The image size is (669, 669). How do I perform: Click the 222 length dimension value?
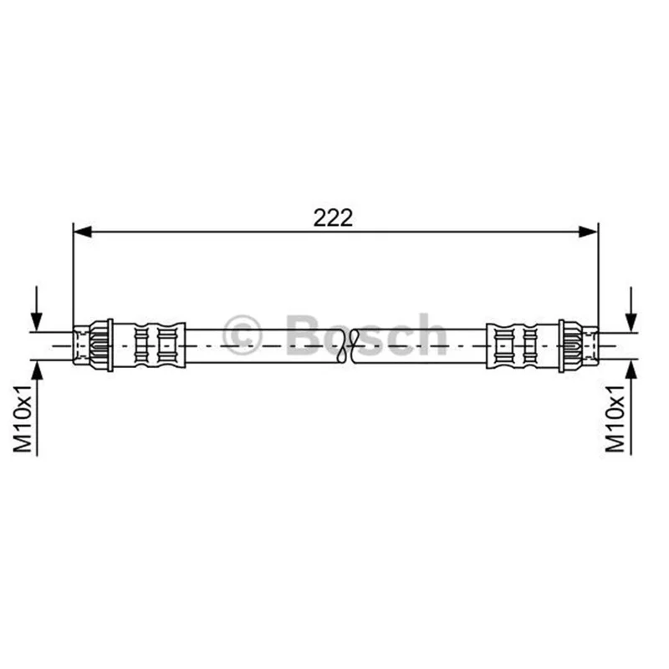click(x=333, y=218)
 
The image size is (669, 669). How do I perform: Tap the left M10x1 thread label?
click(x=23, y=419)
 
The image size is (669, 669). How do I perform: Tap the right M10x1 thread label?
click(x=615, y=419)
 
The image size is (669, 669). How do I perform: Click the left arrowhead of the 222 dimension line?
click(x=82, y=232)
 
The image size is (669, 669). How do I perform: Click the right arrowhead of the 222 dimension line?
click(x=589, y=232)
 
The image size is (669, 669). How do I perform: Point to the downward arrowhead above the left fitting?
click(x=37, y=322)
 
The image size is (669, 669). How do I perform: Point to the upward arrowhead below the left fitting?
click(x=37, y=370)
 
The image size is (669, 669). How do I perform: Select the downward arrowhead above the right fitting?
click(x=631, y=322)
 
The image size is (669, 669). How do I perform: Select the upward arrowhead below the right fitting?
click(x=631, y=370)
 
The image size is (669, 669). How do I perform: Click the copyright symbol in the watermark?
click(x=242, y=335)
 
